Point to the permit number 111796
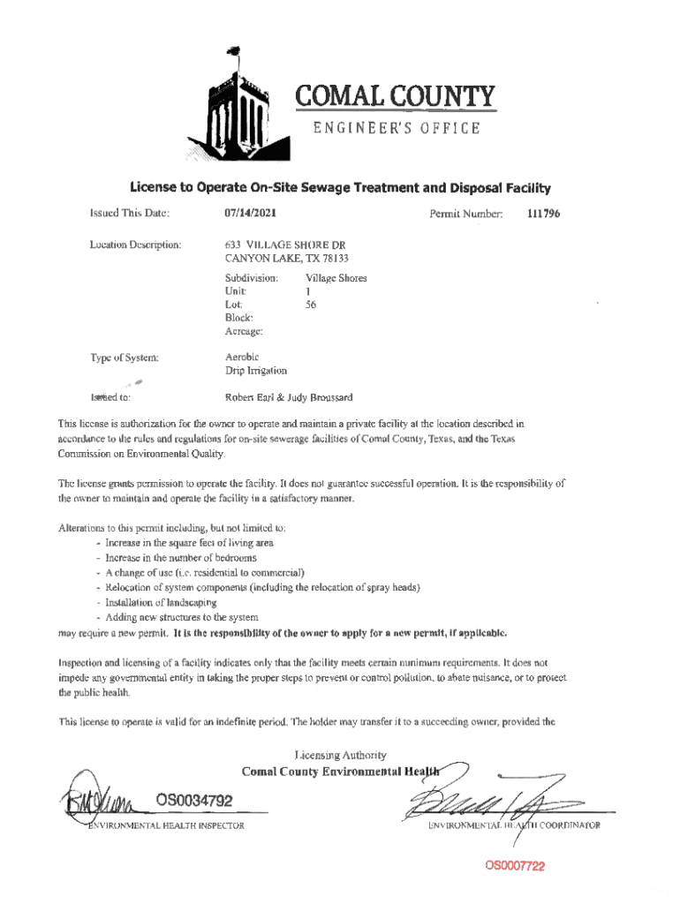543,214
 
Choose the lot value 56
311,305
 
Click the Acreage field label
244,332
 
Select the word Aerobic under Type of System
243,358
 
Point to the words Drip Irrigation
257,371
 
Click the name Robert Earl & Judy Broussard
290,397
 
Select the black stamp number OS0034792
194,801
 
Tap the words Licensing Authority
341,755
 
